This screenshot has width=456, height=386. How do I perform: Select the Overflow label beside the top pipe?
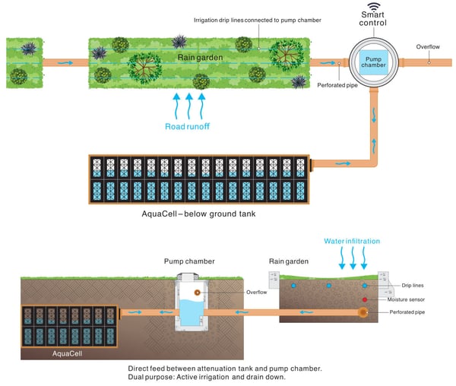pyautogui.click(x=428, y=47)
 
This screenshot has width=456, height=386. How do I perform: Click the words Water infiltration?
pyautogui.click(x=352, y=241)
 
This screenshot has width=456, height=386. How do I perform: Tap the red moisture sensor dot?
pyautogui.click(x=364, y=300)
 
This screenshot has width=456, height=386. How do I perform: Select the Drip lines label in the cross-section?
pyautogui.click(x=413, y=286)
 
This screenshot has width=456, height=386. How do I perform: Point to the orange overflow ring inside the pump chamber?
pyautogui.click(x=197, y=291)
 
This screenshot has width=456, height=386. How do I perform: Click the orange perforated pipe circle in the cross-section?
pyautogui.click(x=364, y=312)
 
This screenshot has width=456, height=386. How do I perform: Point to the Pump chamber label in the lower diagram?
pyautogui.click(x=189, y=261)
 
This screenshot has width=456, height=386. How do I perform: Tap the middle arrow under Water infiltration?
pyautogui.click(x=352, y=259)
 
